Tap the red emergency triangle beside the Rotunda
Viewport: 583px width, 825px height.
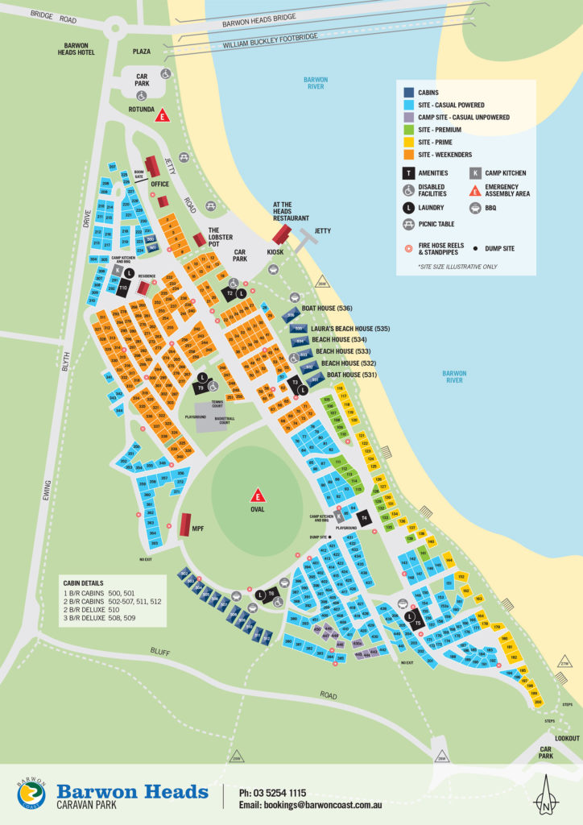(x=163, y=115)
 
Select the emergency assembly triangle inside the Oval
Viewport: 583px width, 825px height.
(x=258, y=495)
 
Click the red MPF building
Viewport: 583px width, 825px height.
(x=186, y=524)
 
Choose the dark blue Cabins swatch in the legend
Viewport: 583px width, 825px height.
(x=409, y=93)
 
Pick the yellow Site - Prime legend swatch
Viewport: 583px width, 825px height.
(x=409, y=142)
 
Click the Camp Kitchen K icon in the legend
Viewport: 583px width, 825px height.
(x=476, y=172)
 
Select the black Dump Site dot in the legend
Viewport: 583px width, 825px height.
(x=477, y=249)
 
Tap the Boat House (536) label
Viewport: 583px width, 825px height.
(x=327, y=309)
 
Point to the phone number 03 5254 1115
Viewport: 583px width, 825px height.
(x=272, y=793)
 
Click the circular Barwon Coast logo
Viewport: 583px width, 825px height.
(x=31, y=794)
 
